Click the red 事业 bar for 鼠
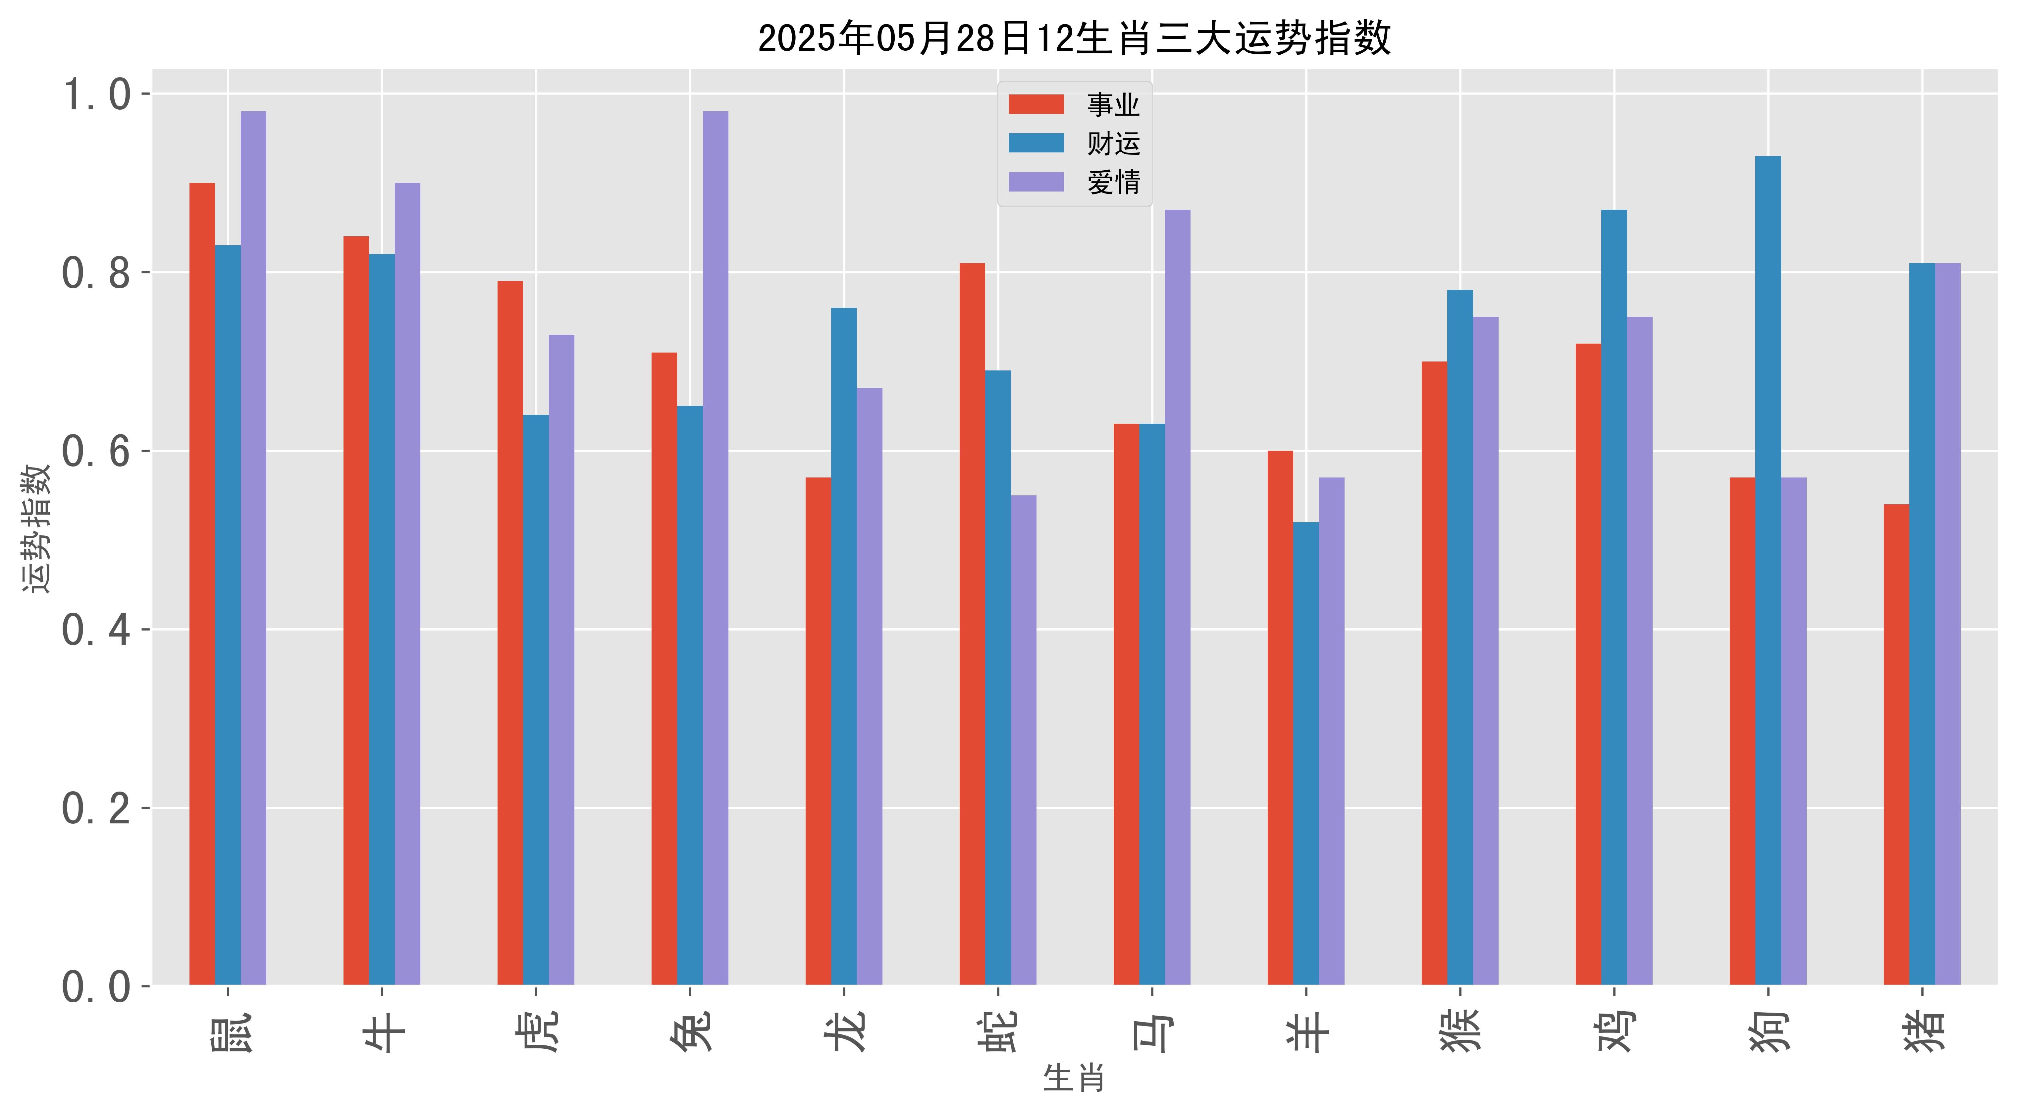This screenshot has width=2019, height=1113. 202,584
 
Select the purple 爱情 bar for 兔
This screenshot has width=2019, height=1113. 716,549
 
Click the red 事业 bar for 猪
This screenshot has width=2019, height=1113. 1897,745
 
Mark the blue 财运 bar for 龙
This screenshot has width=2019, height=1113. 844,647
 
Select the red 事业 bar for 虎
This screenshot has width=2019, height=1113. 510,633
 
